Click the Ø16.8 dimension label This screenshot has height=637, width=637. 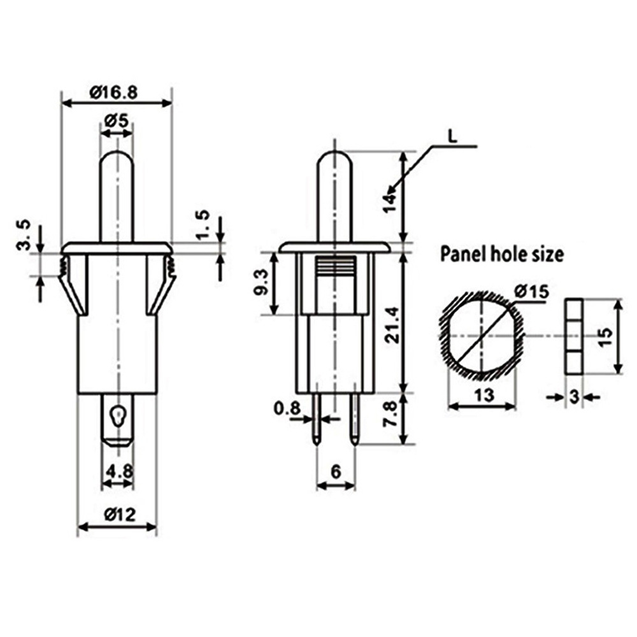tap(113, 92)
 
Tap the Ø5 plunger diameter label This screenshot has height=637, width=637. tap(116, 120)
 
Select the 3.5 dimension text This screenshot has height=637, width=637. tap(24, 235)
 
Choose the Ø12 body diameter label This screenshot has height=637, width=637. tap(120, 515)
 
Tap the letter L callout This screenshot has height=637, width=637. tap(452, 136)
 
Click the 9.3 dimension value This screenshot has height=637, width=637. tap(261, 282)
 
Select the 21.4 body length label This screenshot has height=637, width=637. tap(392, 325)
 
